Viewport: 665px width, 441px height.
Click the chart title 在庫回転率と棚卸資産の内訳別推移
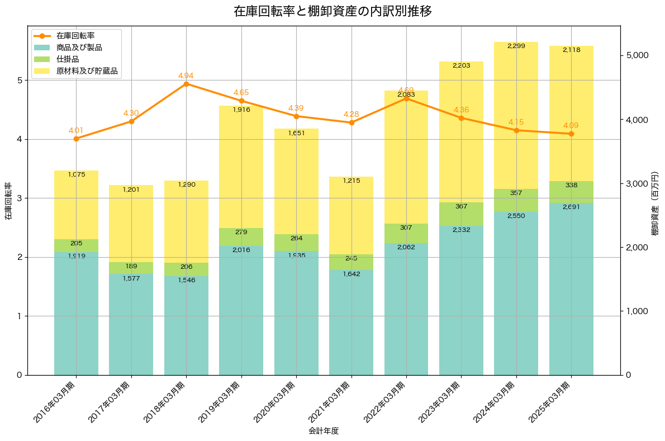click(x=332, y=11)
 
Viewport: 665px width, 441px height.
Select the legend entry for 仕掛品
click(x=67, y=59)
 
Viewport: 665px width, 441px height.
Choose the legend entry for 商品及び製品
click(x=79, y=48)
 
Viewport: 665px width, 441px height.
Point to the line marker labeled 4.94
click(x=186, y=84)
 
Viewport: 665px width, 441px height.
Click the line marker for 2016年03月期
click(x=76, y=139)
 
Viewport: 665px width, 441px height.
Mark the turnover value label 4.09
click(x=571, y=125)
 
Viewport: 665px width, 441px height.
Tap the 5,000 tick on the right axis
click(x=638, y=55)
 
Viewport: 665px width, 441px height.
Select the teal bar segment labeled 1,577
click(x=131, y=324)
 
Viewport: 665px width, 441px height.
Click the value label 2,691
click(x=571, y=215)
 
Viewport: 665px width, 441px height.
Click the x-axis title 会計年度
click(x=324, y=431)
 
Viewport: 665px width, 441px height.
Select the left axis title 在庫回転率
click(x=8, y=201)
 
